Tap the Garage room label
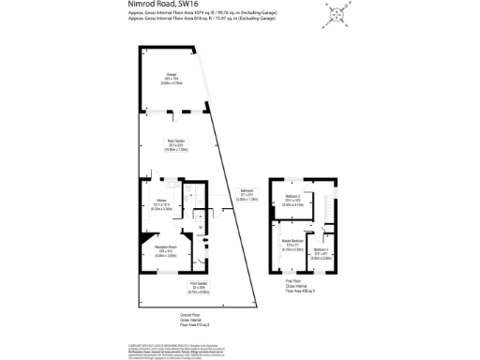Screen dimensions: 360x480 pos(172,79)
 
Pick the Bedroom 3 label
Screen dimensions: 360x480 pos(322,251)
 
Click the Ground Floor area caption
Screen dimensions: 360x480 pos(169,322)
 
